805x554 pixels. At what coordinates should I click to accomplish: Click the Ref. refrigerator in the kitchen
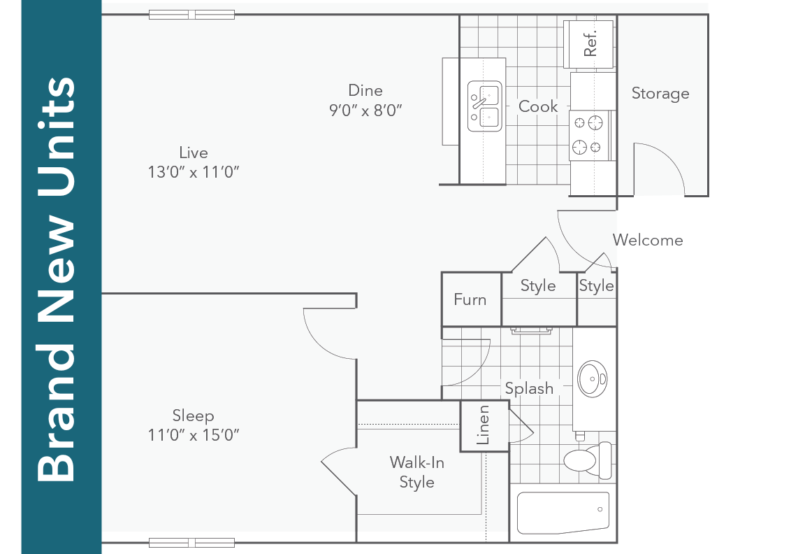pos(589,44)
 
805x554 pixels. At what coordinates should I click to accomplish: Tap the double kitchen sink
pos(485,106)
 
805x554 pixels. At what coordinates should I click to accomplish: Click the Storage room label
pos(660,94)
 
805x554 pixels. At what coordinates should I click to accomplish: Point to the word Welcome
pos(648,240)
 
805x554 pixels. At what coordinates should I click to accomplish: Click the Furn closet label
pos(470,299)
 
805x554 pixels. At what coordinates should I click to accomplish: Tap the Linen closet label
pos(483,425)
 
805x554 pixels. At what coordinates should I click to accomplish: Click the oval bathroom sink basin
pos(592,379)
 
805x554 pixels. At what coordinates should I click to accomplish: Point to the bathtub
pos(563,513)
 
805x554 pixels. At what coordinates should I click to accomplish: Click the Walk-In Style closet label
pos(417,472)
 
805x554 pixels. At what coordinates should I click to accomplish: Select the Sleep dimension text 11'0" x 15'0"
pos(194,434)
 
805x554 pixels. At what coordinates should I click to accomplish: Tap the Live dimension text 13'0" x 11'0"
pos(194,172)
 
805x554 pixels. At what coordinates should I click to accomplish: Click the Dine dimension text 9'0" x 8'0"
pos(365,110)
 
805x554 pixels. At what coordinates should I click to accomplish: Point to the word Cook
pos(538,106)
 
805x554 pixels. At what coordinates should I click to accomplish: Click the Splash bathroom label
pos(529,388)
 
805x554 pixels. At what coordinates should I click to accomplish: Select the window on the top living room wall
pos(191,15)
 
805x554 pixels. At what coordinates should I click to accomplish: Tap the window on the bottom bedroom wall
pos(191,542)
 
